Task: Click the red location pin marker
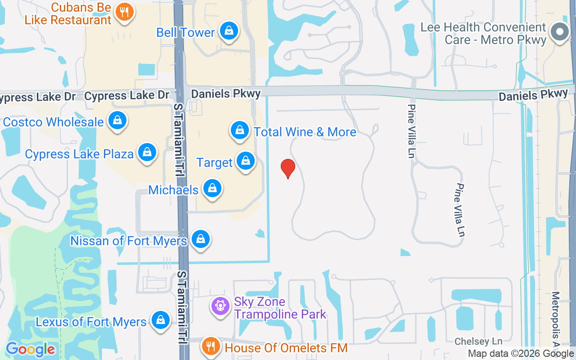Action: coord(288,169)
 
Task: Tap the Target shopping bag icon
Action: coord(246,161)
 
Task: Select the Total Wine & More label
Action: coord(305,132)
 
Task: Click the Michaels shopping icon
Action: coord(212,189)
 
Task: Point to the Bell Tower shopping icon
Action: coord(229,31)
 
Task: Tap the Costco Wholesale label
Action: coord(53,122)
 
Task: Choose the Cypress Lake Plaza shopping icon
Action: coord(147,153)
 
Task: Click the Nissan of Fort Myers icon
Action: coord(201,239)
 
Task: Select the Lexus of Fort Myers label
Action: coord(91,322)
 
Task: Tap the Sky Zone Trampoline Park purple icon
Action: coord(220,306)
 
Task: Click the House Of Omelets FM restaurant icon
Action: coord(210,346)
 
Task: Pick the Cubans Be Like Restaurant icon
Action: coord(124,12)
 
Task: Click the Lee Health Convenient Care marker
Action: coord(560,32)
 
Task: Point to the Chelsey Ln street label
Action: coord(478,342)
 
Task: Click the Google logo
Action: coord(30,349)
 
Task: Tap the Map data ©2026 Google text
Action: coord(521,354)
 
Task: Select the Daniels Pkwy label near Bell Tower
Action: coord(225,94)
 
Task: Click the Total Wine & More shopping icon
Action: coord(240,130)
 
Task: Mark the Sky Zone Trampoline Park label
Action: coord(280,308)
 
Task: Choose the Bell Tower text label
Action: coord(185,32)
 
